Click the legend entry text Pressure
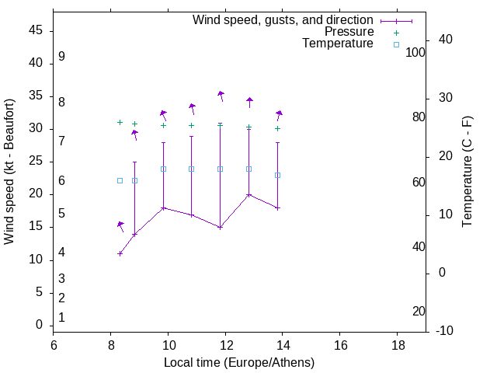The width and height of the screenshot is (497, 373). click(x=349, y=32)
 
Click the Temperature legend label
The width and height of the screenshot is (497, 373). click(x=338, y=44)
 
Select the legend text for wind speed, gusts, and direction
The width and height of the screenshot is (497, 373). click(x=283, y=19)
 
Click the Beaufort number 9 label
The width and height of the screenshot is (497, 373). click(x=61, y=57)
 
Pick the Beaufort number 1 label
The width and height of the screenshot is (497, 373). click(x=61, y=318)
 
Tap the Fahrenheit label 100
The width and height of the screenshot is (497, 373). click(x=415, y=52)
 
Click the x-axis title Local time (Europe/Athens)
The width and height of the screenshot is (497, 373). click(x=239, y=362)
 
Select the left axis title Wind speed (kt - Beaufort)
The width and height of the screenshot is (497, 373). click(x=9, y=171)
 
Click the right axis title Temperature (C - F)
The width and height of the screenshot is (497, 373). click(x=467, y=171)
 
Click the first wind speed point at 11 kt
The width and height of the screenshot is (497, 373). click(x=120, y=253)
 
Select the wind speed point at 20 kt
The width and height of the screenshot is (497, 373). click(x=248, y=194)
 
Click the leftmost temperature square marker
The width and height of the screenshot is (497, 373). click(x=120, y=180)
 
